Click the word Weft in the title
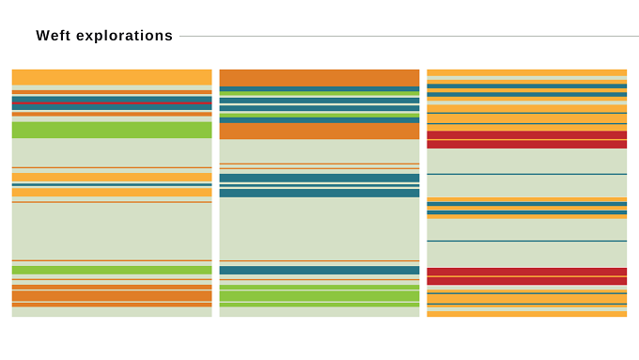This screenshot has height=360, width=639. pos(54,36)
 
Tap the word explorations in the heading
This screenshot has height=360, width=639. pos(124,36)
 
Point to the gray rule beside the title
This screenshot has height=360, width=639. pos(409,37)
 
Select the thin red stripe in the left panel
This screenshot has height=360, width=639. pos(112,103)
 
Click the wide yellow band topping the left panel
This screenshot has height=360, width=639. pos(112,77)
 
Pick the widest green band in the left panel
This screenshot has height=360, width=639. pos(112,130)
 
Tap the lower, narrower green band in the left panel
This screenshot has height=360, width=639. pos(112,270)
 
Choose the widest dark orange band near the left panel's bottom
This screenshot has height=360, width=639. pos(112,296)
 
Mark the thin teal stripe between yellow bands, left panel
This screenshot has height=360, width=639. pos(112,184)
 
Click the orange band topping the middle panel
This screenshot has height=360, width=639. pos(319,78)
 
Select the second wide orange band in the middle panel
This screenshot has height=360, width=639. pos(319,132)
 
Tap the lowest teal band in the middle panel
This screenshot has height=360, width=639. pos(319,271)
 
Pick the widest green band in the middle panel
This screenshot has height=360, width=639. pos(319,296)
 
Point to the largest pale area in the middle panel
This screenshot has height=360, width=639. pos(319,228)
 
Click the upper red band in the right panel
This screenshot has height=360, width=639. pos(526,140)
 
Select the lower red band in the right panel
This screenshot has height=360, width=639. pos(526,276)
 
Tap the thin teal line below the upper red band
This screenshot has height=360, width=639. pos(526,174)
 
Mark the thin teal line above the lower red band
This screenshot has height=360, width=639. pos(526,241)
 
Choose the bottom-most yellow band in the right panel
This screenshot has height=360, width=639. pos(526,314)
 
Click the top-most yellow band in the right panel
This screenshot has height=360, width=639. pos(526,73)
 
